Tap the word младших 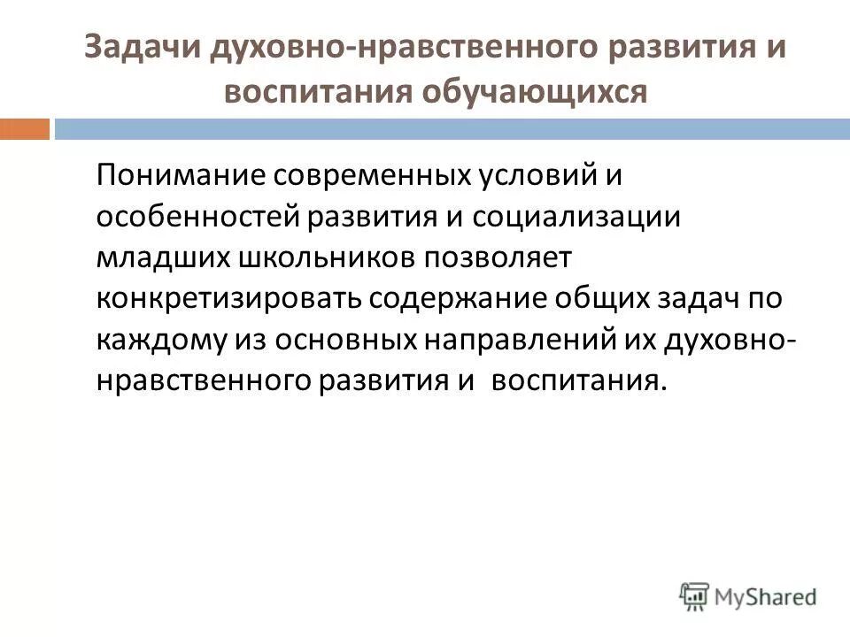coord(162,257)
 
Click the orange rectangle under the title coord(24,129)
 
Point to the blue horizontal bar coord(452,129)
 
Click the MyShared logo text coord(766,596)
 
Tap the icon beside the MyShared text coord(695,596)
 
